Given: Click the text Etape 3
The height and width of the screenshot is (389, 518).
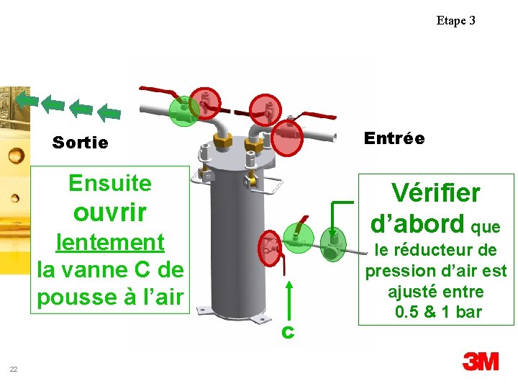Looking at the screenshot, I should pos(455,20).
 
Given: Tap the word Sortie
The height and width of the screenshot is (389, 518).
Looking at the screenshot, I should pos(80,143).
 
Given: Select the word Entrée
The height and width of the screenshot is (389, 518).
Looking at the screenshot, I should pos(394,138).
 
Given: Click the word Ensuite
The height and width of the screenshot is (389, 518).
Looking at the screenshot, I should pos(110,183).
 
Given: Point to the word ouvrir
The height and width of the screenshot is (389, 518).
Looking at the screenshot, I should pos(110,212).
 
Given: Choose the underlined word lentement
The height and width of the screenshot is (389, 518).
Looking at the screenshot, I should pos(110,241).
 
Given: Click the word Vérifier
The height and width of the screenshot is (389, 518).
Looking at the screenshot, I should pos(435,192).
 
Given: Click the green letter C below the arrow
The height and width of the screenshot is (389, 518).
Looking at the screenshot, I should pos(287,332).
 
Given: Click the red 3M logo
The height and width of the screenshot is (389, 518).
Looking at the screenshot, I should pos(481,362).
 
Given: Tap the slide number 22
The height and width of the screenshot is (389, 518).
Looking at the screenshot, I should pos(14,370).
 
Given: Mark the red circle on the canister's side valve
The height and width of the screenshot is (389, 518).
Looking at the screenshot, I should pos(270,247).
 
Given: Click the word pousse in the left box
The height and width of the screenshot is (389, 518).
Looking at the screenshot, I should pos(71,297).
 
